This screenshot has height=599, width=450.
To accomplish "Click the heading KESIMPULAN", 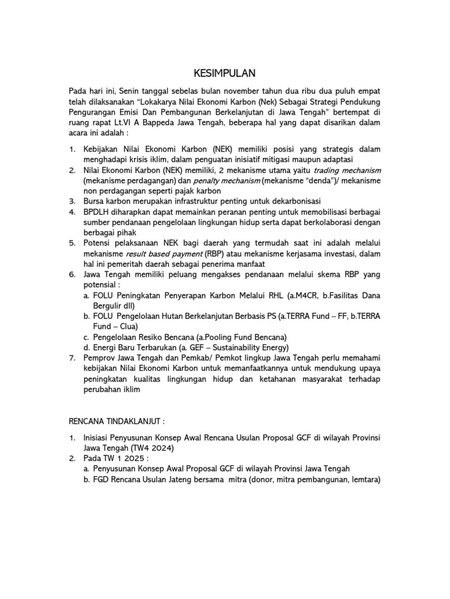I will click(x=225, y=73).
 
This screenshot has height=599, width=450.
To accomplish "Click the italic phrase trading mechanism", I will click(x=350, y=170).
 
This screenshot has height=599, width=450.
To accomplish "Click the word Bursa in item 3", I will click(x=94, y=202).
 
